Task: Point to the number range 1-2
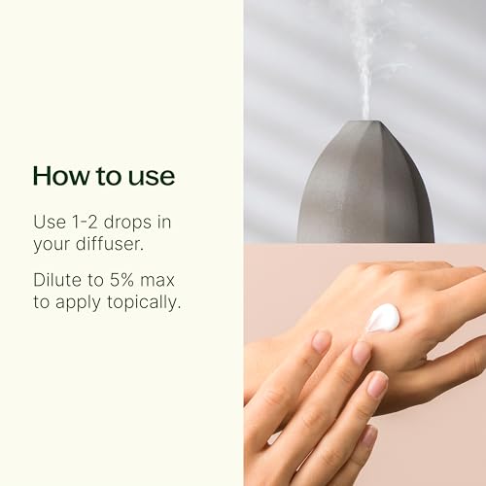[x=92, y=223]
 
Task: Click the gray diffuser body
[x=364, y=194]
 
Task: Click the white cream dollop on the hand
[x=384, y=318]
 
